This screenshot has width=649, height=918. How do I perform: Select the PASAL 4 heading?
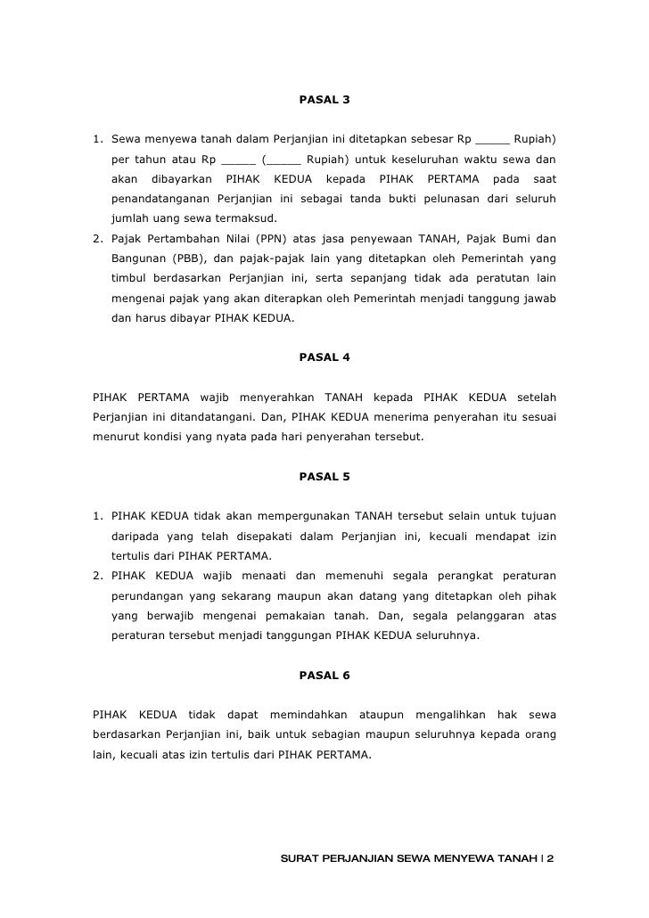click(x=324, y=357)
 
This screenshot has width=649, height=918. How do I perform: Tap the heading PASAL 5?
click(x=324, y=477)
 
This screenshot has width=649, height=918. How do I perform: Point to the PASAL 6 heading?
click(x=324, y=675)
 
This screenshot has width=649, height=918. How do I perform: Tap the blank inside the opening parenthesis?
click(x=283, y=160)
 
